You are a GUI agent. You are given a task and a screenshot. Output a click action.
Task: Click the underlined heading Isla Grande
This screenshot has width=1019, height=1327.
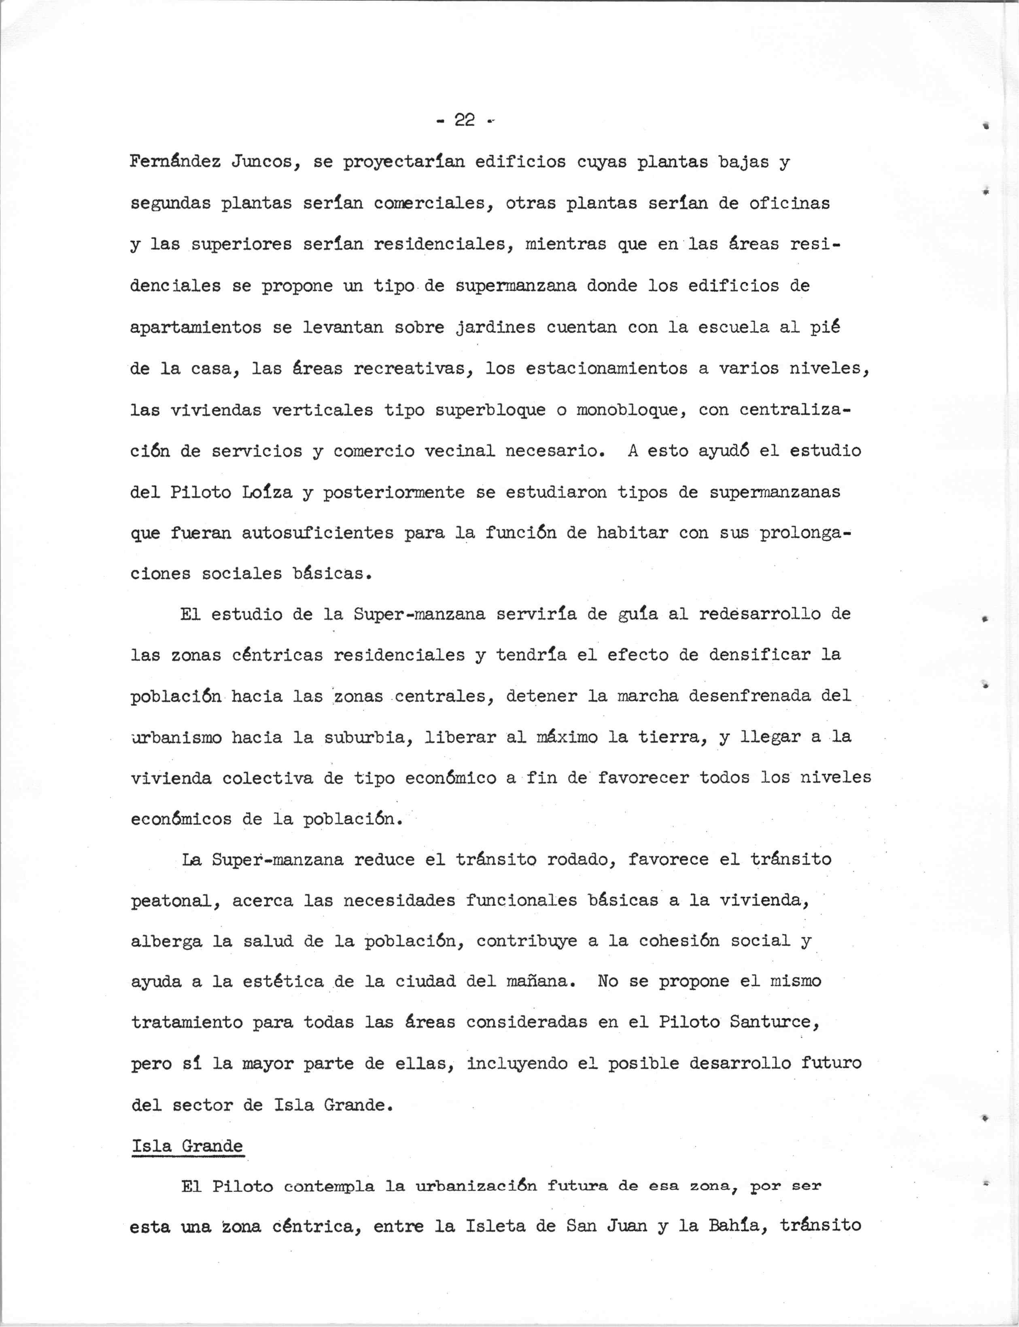[187, 1146]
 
